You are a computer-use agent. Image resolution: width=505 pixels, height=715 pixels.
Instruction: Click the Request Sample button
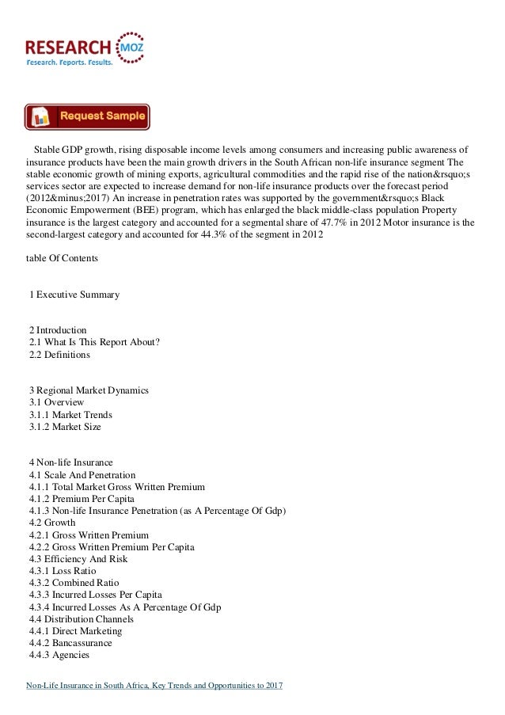click(87, 116)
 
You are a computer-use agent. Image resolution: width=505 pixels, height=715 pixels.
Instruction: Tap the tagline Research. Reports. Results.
click(70, 62)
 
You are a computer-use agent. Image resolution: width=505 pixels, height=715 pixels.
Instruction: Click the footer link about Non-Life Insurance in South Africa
click(154, 685)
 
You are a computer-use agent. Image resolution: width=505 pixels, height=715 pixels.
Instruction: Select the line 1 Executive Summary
click(74, 295)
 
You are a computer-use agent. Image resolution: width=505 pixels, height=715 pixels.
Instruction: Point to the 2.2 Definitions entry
click(59, 356)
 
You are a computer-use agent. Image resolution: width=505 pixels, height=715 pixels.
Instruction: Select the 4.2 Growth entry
click(52, 523)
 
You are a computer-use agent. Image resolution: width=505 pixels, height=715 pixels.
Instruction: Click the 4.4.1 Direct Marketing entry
click(75, 631)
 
